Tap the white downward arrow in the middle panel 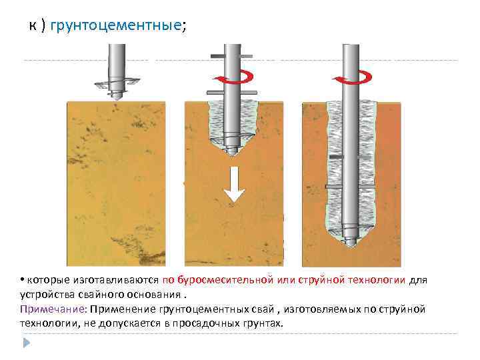[x=233, y=184]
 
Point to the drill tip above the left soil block [x=116, y=90]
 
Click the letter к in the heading [x=31, y=25]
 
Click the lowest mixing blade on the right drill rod [x=350, y=185]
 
